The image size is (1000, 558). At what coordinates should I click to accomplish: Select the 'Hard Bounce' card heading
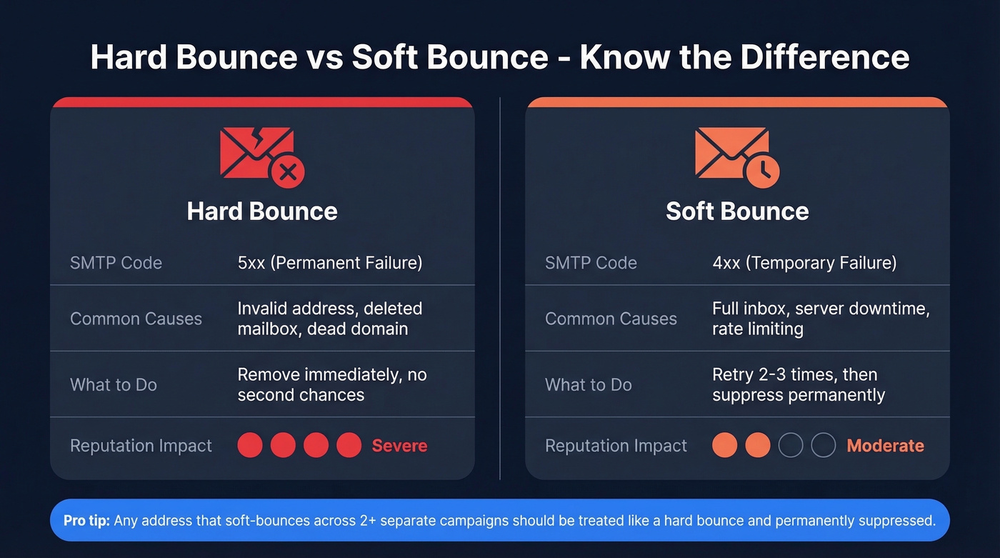coord(262,211)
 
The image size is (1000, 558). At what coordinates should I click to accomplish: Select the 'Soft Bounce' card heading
coord(737,211)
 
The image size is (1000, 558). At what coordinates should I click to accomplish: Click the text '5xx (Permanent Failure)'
coord(330,263)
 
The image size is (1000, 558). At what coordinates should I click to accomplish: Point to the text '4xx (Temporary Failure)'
coord(804,263)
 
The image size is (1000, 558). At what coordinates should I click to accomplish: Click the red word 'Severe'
coord(399,446)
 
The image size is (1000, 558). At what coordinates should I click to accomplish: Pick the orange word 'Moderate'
coord(885,446)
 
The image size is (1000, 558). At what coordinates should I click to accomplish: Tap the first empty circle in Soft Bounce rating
coord(791,446)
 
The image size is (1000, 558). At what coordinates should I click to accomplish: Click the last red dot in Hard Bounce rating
coord(349,446)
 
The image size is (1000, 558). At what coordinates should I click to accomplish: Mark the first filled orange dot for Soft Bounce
coord(724,446)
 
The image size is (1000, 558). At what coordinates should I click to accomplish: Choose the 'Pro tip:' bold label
coord(86,521)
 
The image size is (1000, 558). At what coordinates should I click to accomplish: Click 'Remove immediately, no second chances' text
coord(331,385)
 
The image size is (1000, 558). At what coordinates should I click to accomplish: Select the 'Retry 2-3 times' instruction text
coord(794,375)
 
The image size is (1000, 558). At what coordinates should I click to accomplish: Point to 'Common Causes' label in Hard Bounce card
coord(136,319)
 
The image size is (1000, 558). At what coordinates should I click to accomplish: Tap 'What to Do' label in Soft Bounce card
coord(588,385)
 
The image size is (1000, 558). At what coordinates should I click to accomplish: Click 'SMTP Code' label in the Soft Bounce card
coord(590,263)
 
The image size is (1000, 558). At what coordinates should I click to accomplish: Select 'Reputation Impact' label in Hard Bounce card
coord(141,446)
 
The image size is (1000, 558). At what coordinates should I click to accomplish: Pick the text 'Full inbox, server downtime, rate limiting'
coord(820,319)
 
